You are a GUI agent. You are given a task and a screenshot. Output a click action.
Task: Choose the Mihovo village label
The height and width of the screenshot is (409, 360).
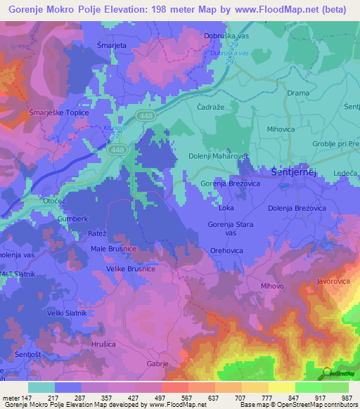272,286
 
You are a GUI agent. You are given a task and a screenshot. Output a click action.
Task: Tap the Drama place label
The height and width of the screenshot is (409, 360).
298,93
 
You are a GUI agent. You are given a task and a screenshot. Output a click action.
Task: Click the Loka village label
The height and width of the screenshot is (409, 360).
226,208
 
